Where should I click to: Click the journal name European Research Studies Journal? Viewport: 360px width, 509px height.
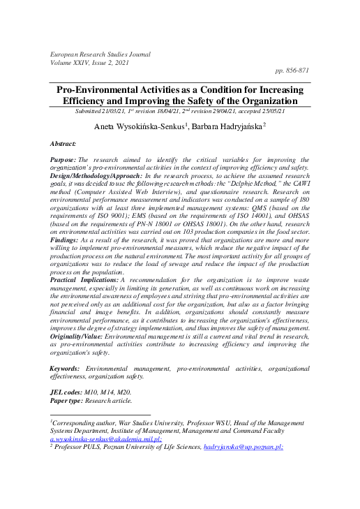100,53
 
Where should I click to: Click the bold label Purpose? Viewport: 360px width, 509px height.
63,160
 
